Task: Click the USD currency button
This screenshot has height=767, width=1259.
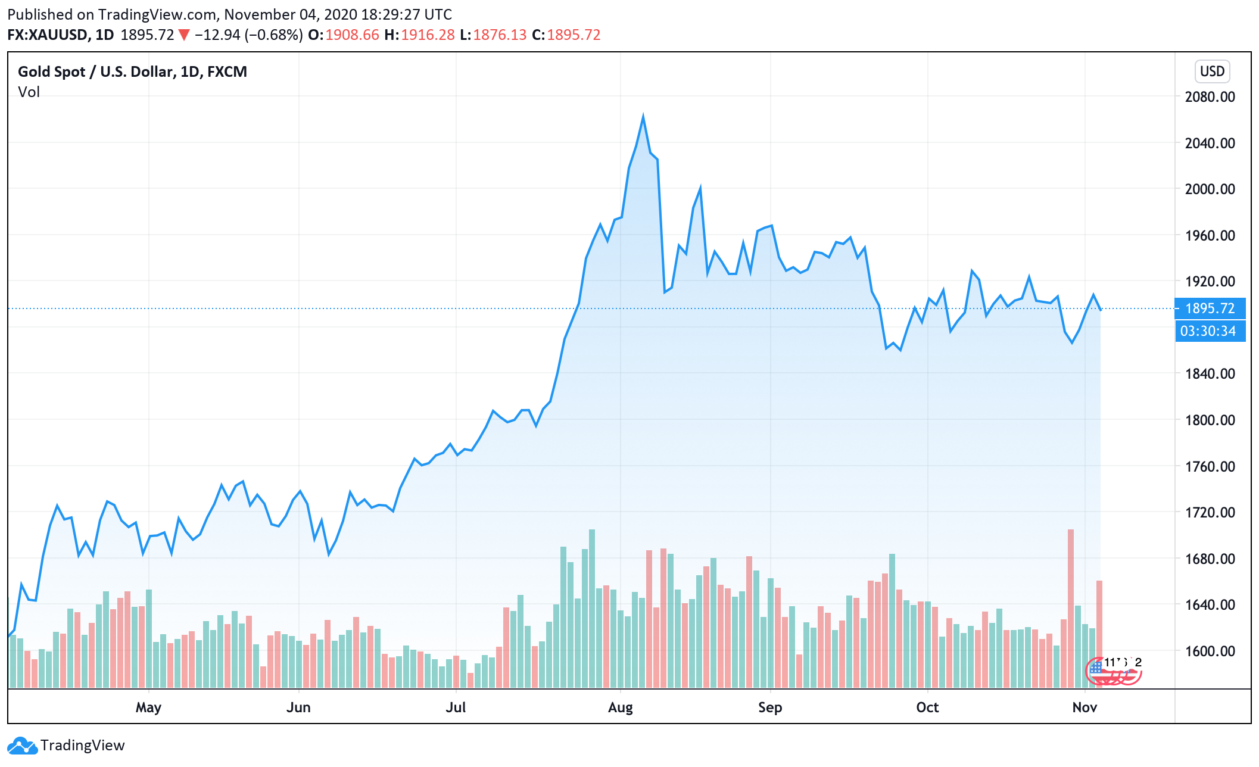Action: tap(1212, 71)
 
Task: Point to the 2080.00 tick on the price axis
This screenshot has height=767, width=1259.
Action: tap(1210, 96)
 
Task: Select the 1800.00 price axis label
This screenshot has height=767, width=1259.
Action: tap(1210, 420)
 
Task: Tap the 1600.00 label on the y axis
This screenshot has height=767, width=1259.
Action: tap(1210, 651)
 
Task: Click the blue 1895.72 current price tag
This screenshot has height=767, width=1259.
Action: tap(1210, 308)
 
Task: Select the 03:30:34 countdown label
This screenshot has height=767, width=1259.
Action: tap(1208, 331)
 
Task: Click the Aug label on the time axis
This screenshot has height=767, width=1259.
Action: tap(620, 707)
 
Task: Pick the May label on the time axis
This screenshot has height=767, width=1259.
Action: tap(148, 707)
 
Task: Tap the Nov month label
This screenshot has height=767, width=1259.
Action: tap(1084, 707)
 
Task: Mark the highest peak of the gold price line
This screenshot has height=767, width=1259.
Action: tap(643, 116)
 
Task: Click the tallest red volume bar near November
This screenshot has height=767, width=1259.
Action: tap(1071, 607)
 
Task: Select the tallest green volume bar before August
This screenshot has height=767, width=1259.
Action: tap(592, 607)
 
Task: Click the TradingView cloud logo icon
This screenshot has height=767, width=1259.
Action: tap(22, 746)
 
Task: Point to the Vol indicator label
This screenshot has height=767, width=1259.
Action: tap(29, 92)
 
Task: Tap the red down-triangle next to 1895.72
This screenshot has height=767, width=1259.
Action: tap(184, 35)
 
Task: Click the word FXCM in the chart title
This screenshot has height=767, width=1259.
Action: tap(227, 72)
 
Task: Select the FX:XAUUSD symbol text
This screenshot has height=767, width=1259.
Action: tap(48, 35)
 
